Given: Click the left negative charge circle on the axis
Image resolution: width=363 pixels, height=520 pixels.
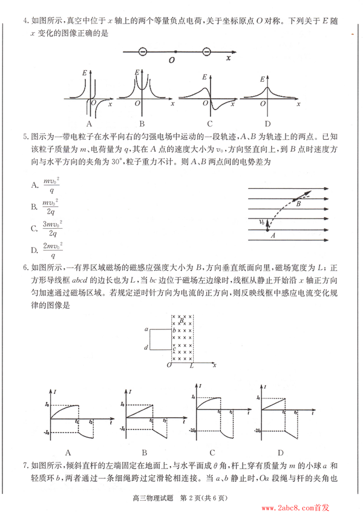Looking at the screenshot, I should (142, 52).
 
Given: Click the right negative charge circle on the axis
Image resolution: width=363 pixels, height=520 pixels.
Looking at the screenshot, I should (206, 52).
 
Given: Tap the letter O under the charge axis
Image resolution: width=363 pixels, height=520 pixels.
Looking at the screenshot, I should (172, 61).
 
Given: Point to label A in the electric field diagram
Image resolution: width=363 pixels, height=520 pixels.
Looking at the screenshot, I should (273, 234).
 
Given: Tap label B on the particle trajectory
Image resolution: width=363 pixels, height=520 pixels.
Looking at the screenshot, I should (298, 204).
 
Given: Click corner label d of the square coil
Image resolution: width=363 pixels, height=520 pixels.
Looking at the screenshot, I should (147, 347).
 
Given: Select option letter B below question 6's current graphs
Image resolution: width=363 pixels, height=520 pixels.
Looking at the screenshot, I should (144, 452).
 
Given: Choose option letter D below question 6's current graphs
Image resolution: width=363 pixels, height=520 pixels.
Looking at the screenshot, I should (281, 452).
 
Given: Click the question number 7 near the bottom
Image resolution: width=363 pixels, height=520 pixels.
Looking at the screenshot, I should (25, 466).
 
